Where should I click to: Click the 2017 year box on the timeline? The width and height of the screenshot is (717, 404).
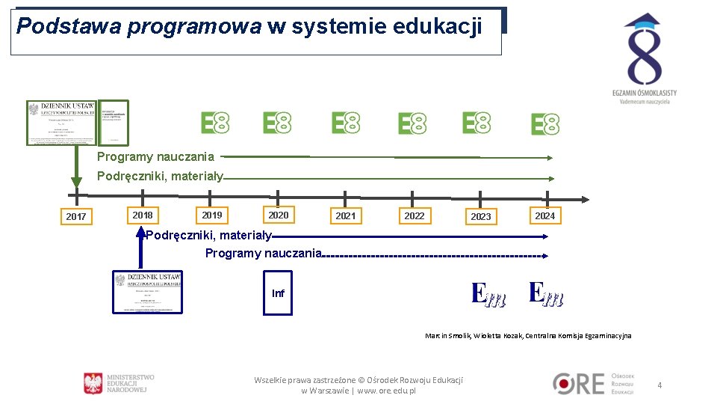pos(76,216)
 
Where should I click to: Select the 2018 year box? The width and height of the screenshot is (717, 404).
pos(143,215)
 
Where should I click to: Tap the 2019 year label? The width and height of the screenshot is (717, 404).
pos(212,215)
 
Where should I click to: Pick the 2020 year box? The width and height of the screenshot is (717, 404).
pos(279,215)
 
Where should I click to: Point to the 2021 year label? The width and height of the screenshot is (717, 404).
pos(346,215)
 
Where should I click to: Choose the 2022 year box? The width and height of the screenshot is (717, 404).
pos(415,215)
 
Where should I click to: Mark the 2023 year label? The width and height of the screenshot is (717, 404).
pos(481,216)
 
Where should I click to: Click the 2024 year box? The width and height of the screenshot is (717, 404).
pos(545,215)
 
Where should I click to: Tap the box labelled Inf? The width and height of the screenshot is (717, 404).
pos(278,293)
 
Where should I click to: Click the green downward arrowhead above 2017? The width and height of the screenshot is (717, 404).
pos(76,182)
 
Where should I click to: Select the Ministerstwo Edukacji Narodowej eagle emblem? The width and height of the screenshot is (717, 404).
pos(93,383)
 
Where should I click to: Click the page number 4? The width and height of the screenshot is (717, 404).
pos(659,385)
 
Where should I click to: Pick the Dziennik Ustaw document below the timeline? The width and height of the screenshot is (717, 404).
pos(148,291)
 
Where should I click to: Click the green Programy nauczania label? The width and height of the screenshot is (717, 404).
pos(155,156)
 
